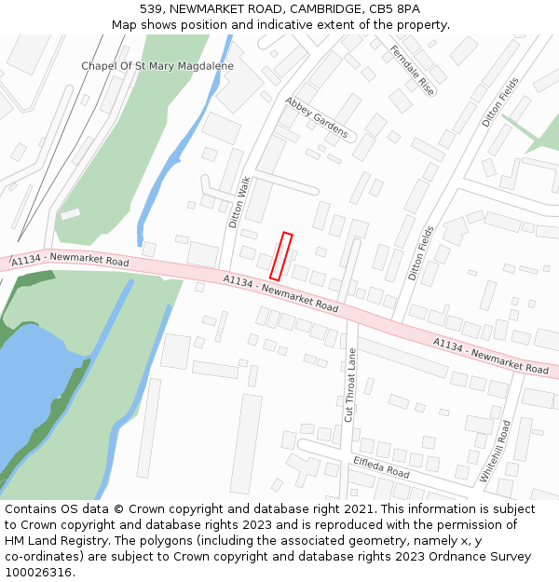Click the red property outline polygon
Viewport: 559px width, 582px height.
(x=281, y=256)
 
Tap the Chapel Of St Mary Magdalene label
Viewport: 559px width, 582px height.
(x=157, y=66)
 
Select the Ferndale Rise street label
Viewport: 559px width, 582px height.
(x=413, y=71)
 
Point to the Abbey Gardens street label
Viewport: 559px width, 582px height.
(x=317, y=117)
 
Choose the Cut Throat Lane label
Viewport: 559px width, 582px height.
(x=351, y=385)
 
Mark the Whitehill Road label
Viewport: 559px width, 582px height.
(x=496, y=451)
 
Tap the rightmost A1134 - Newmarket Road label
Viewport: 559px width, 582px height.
(x=491, y=357)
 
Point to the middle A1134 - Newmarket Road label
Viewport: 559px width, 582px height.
(x=280, y=292)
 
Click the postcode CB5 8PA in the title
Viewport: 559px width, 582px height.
(x=394, y=8)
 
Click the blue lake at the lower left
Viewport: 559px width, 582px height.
(x=33, y=382)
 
